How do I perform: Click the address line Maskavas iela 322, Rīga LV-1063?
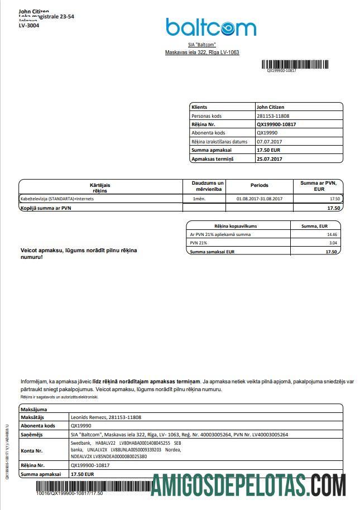tap(201, 52)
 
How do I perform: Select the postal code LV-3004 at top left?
tap(29, 25)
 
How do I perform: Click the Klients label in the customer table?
tap(199, 106)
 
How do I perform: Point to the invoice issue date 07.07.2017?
tap(269, 142)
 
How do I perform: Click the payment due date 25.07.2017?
tap(270, 159)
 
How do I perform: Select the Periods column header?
tap(259, 185)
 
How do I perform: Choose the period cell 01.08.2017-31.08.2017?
tap(260, 199)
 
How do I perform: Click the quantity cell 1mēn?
tap(199, 199)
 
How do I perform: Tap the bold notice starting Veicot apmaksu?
tap(79, 254)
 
